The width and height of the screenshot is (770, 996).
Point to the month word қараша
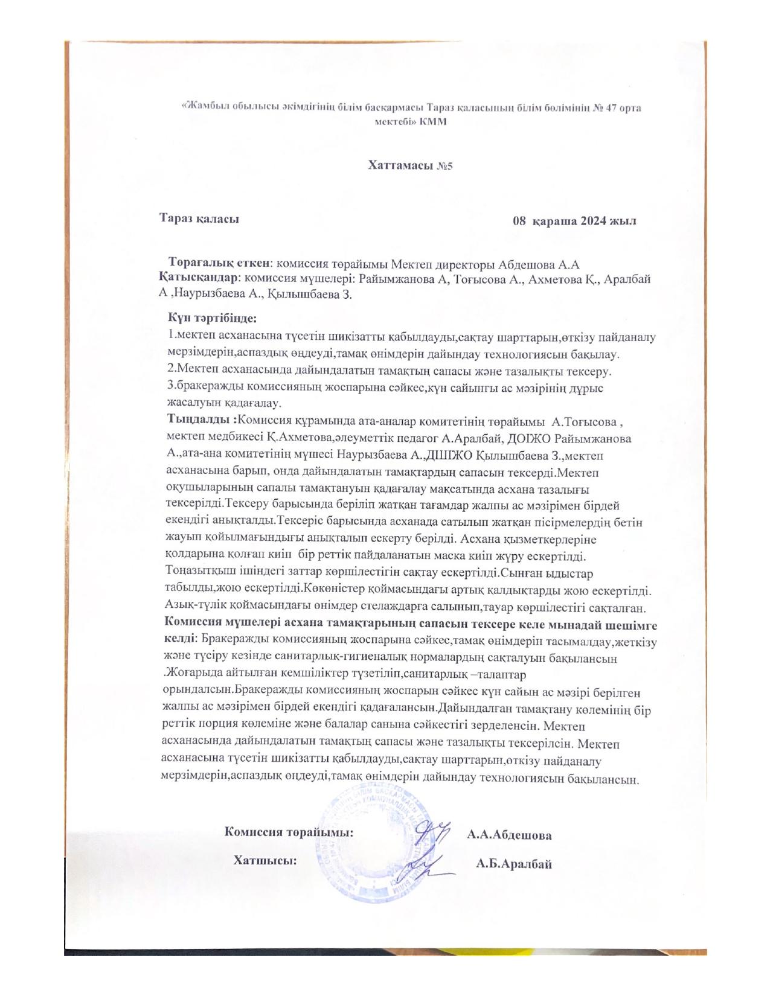(553, 221)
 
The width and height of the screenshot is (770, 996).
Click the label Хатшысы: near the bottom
(265, 861)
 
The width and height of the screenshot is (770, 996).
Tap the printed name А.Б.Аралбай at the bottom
(513, 864)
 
